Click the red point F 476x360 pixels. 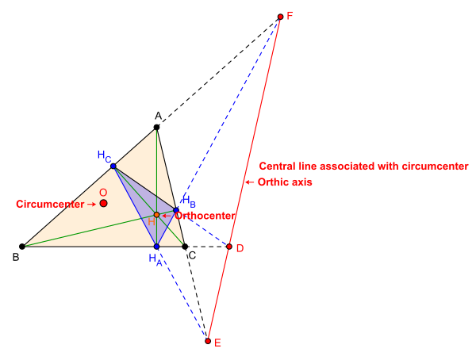click(280, 16)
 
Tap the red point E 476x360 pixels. click(208, 341)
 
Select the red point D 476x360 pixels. click(229, 247)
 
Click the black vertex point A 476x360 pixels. click(157, 127)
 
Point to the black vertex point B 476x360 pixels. click(22, 247)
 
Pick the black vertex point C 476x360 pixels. click(185, 247)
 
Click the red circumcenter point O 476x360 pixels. click(104, 204)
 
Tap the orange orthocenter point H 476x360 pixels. click(156, 215)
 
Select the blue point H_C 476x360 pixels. click(113, 166)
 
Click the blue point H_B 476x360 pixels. click(176, 210)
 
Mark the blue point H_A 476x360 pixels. click(156, 247)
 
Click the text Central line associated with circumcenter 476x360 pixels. click(364, 167)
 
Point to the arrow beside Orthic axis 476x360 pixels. click(250, 182)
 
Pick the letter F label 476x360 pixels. click(290, 14)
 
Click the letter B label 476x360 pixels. click(16, 256)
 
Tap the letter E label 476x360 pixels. click(217, 343)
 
